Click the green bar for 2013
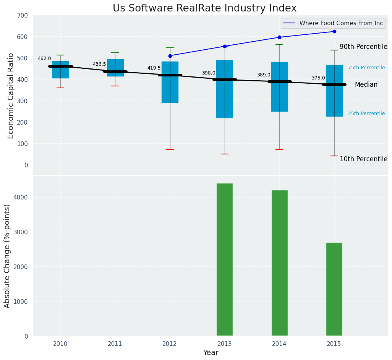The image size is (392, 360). (225, 259)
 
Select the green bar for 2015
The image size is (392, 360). (334, 289)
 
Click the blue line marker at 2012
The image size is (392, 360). (170, 56)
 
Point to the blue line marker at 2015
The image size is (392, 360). (334, 32)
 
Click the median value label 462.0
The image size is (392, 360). (44, 59)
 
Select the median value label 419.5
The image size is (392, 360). (154, 68)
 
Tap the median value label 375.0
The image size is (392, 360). (318, 78)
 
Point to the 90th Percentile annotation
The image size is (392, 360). (363, 47)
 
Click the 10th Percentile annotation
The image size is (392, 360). (363, 159)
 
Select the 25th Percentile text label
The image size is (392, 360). (366, 114)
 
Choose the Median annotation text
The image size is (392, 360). (366, 85)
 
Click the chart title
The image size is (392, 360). (204, 8)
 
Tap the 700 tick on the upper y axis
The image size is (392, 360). (21, 16)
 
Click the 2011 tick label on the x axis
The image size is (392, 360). (115, 344)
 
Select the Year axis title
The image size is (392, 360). (211, 353)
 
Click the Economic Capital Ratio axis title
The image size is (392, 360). (11, 96)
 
